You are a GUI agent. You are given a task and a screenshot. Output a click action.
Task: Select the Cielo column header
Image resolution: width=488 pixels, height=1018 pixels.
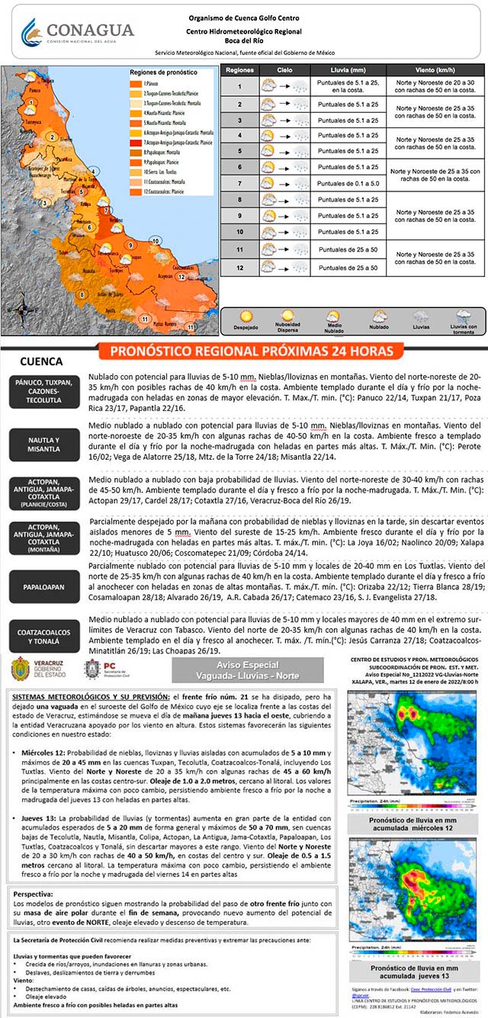coord(284,69)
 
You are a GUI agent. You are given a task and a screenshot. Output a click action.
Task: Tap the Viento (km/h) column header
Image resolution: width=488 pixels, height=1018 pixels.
coord(435,69)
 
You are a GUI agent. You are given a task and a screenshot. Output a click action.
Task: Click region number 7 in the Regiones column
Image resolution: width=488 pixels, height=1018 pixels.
coord(239,184)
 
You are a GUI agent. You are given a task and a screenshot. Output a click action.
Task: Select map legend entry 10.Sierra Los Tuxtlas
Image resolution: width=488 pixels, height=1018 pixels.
coord(159,172)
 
